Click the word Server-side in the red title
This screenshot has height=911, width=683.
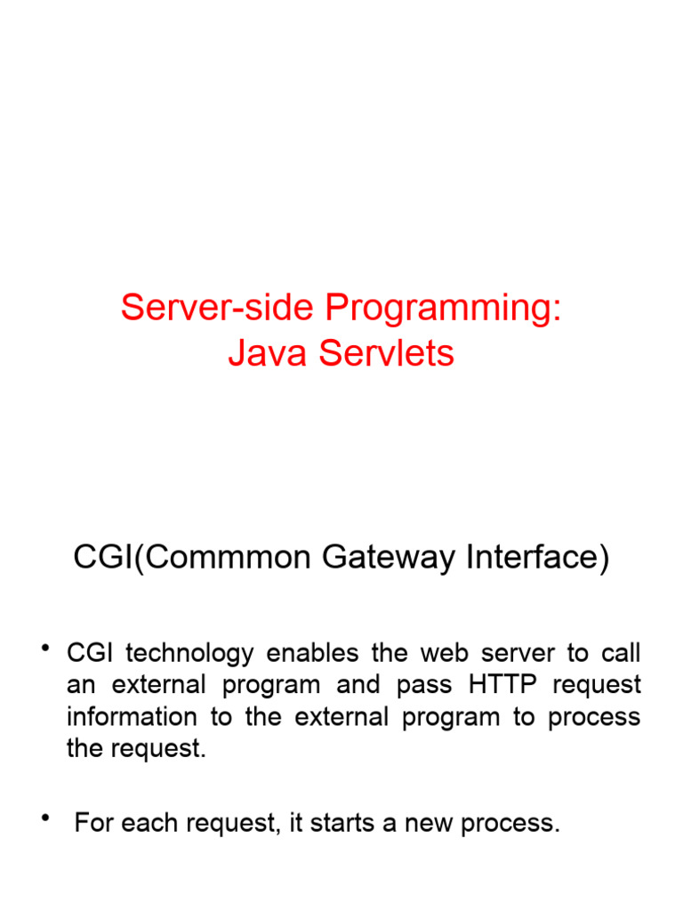218,309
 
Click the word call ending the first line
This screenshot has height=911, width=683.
623,653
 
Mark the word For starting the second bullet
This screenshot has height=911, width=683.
94,824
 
